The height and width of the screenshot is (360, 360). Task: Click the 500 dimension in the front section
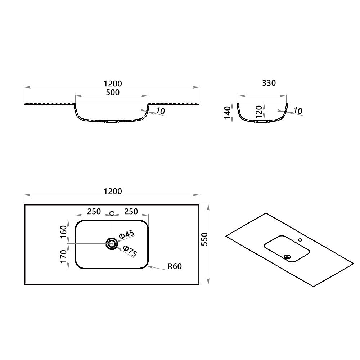coord(113,92)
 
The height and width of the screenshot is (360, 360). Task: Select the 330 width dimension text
coord(269,83)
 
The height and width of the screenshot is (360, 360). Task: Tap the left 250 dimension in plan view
coord(94,212)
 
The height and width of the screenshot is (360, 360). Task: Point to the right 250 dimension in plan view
coord(131,212)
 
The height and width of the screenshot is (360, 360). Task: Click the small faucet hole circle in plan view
coord(112,214)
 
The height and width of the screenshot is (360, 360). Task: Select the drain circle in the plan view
coord(112,244)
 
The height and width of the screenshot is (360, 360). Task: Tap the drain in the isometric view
coord(287,257)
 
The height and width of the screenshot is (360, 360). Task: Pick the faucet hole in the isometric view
coord(300,239)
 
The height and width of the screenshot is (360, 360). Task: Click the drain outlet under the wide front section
coord(111,122)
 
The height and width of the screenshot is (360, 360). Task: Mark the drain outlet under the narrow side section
coord(262,122)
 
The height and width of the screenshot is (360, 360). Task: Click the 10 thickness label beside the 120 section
coord(297,111)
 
